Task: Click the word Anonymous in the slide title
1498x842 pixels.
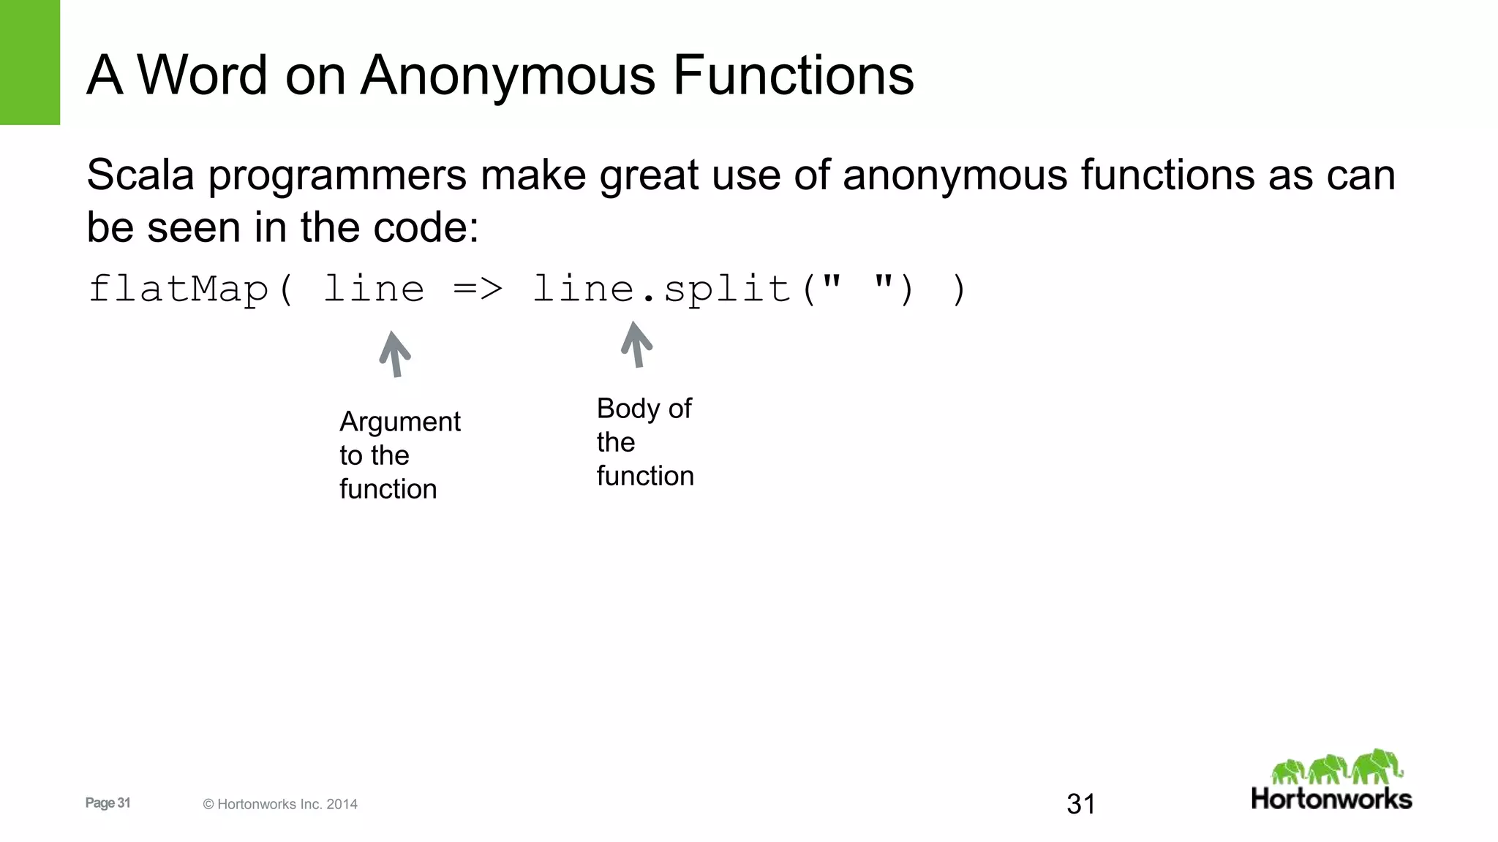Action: pyautogui.click(x=515, y=75)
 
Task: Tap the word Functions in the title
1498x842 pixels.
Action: pyautogui.click(x=793, y=75)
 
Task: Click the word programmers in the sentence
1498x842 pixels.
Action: pyautogui.click(x=337, y=177)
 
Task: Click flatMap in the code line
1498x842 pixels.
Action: pyautogui.click(x=178, y=289)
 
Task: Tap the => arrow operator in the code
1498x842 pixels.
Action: pyautogui.click(x=478, y=289)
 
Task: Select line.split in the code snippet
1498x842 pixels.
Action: pyautogui.click(x=662, y=289)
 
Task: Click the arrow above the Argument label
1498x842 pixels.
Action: pyautogui.click(x=395, y=354)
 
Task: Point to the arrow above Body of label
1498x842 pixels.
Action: pyautogui.click(x=636, y=344)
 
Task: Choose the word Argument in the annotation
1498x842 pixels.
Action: pyautogui.click(x=400, y=422)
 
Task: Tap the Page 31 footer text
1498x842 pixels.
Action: pyautogui.click(x=108, y=803)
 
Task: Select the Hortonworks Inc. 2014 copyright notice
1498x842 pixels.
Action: pyautogui.click(x=280, y=804)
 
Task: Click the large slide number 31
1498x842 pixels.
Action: pyautogui.click(x=1081, y=804)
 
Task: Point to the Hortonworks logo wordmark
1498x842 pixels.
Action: pyautogui.click(x=1331, y=799)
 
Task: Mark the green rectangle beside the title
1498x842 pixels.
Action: pyautogui.click(x=30, y=62)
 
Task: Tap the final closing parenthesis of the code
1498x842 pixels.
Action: pyautogui.click(x=959, y=289)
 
